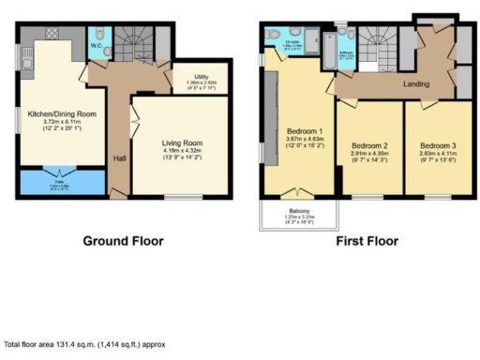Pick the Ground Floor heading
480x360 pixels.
pos(123,241)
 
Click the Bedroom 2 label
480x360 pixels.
pos(369,146)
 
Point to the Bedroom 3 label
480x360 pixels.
pos(438,146)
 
